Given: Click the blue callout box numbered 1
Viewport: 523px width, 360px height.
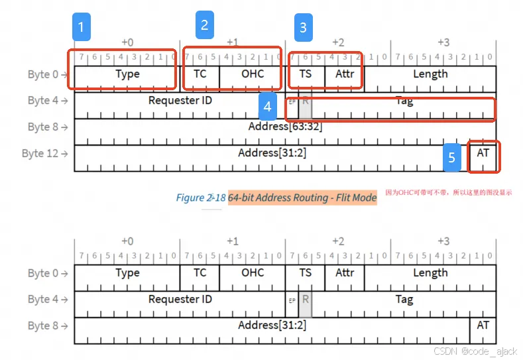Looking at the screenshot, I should tap(82, 27).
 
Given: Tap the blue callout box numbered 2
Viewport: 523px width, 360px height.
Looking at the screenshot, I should tap(204, 25).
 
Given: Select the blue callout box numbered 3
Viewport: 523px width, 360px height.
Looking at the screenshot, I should tap(304, 28).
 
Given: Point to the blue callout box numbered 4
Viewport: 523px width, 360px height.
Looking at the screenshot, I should tap(267, 106).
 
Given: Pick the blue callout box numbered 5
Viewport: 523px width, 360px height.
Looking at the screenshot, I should tap(452, 157).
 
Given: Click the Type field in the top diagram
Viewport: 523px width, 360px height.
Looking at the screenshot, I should tap(127, 74).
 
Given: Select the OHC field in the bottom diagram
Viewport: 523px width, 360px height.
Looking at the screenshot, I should tap(252, 272).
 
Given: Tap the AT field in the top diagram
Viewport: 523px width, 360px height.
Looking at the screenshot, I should tap(483, 152).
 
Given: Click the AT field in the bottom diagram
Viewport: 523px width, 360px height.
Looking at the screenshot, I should tap(483, 325).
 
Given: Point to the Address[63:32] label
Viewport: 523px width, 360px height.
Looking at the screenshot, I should tap(285, 126).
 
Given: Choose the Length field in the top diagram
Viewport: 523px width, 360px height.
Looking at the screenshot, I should tap(430, 74).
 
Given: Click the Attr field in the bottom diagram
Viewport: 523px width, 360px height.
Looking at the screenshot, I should tap(345, 272).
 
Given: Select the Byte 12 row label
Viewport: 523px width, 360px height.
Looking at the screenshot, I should tap(44, 153).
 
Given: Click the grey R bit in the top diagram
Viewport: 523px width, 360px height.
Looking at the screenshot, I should tap(306, 103).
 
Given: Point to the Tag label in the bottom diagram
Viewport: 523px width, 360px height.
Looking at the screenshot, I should tap(404, 299).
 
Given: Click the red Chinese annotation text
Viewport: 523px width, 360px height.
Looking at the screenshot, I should tap(448, 193).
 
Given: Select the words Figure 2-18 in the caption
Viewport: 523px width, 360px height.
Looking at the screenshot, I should tap(200, 198).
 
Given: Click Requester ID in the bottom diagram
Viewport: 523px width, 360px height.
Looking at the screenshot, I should tap(180, 299).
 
